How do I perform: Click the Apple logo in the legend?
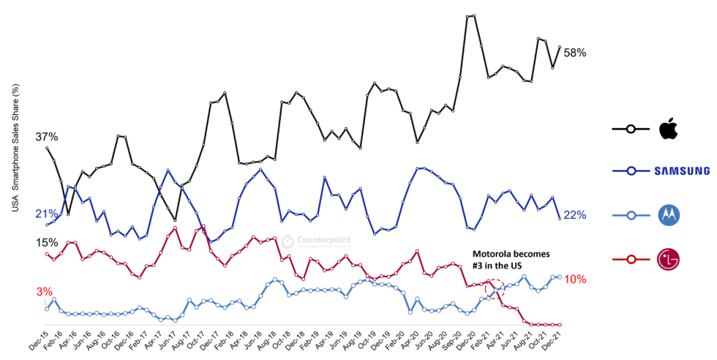click(x=669, y=129)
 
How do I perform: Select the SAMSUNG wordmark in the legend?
click(x=682, y=171)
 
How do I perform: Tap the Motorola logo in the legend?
click(x=669, y=214)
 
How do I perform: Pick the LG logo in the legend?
click(x=669, y=259)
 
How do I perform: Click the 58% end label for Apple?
click(x=575, y=53)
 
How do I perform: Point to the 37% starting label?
click(x=46, y=137)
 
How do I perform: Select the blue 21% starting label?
click(x=46, y=214)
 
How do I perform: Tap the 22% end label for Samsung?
click(x=575, y=214)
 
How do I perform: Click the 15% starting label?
click(x=46, y=242)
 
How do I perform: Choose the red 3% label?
click(x=45, y=291)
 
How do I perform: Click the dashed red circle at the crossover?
click(x=495, y=288)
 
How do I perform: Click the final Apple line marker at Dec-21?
click(x=560, y=48)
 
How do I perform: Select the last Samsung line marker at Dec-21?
click(x=560, y=217)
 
